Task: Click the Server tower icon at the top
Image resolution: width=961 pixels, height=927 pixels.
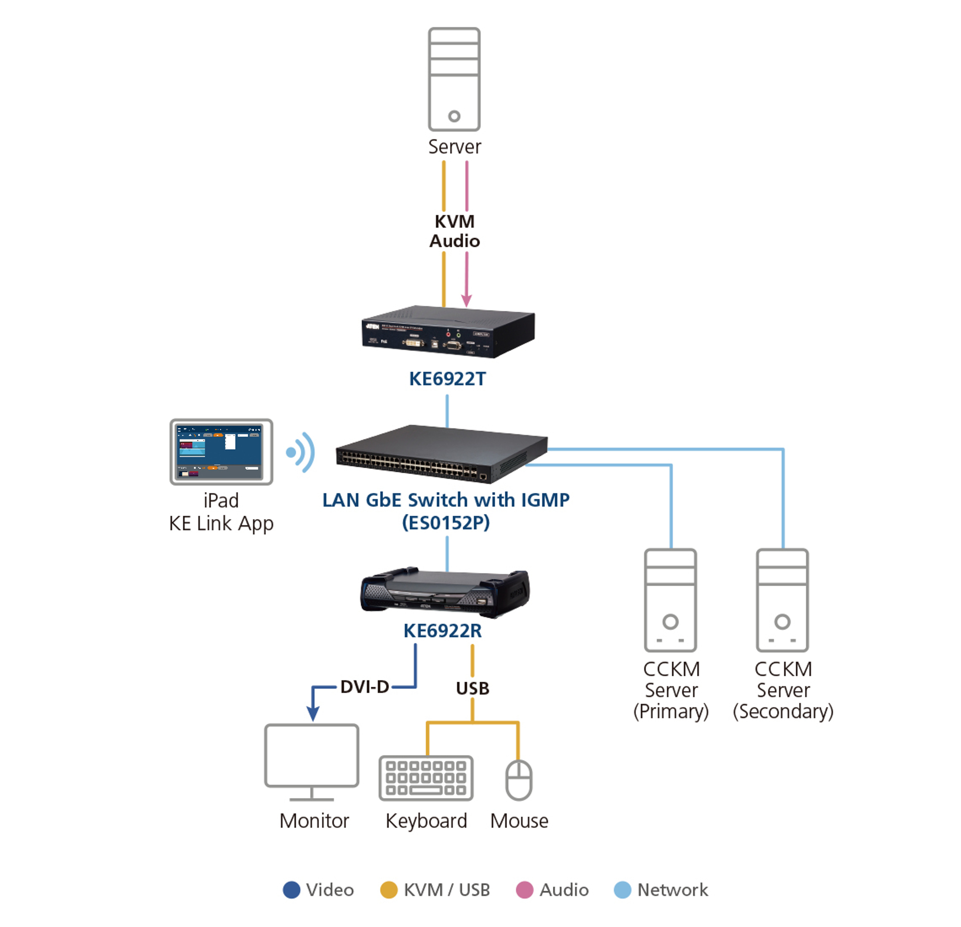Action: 454,79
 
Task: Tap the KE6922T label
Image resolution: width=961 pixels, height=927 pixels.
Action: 447,379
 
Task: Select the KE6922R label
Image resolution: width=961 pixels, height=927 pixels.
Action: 442,631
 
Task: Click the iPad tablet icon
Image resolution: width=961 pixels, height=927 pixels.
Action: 221,451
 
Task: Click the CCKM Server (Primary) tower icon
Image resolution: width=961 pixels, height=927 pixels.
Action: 670,600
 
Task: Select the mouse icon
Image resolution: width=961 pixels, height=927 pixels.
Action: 519,779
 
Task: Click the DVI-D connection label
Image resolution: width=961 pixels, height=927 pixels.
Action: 364,687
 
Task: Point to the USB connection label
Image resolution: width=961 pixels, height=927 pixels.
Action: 472,688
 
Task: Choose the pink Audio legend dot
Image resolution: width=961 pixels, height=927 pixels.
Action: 525,890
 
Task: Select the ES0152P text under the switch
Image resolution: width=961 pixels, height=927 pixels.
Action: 446,523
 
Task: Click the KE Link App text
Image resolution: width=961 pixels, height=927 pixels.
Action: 221,524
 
